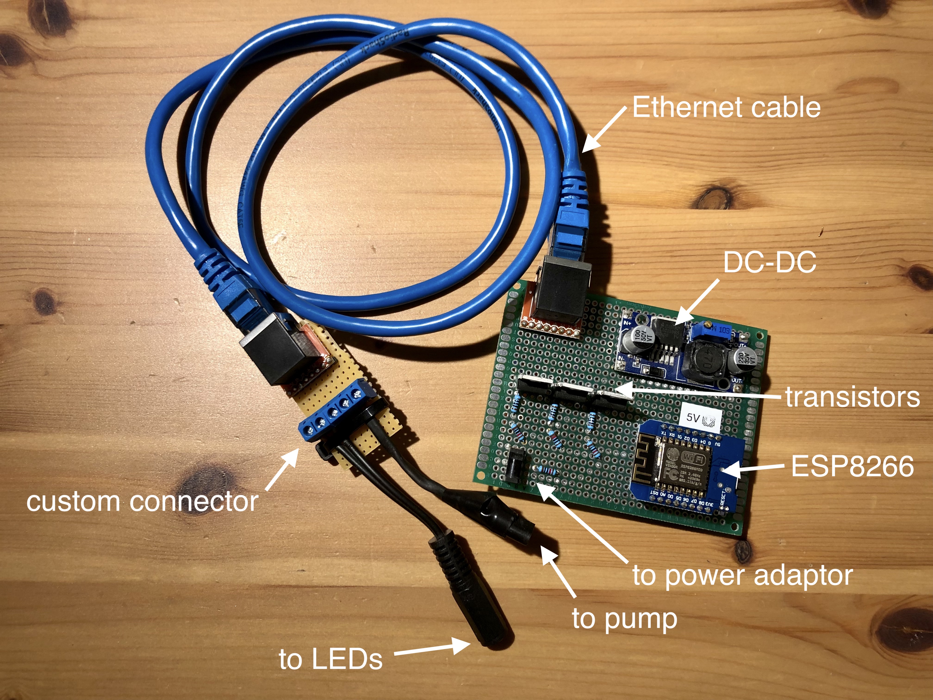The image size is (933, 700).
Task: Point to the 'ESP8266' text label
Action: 852,466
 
